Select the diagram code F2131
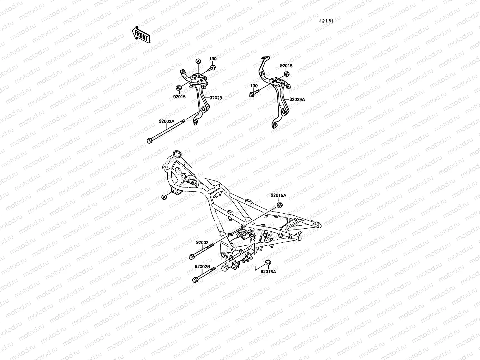tap(326, 21)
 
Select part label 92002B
tap(202, 266)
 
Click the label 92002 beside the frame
tap(202, 242)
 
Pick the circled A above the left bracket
tap(198, 61)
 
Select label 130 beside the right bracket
tap(254, 86)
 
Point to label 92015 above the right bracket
tap(286, 66)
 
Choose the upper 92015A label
tap(278, 195)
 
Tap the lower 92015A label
tap(268, 272)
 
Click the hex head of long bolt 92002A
tap(149, 140)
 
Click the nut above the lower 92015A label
tap(268, 262)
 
